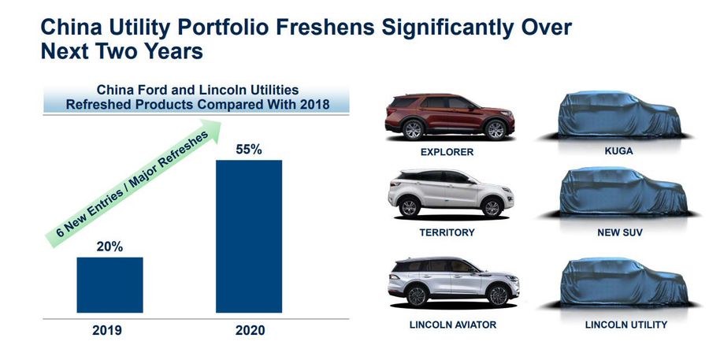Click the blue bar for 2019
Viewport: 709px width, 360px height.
pyautogui.click(x=110, y=285)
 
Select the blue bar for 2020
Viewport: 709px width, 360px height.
pyautogui.click(x=249, y=236)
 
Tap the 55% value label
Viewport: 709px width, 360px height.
pyautogui.click(x=249, y=150)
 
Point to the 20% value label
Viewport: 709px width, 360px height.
pyautogui.click(x=110, y=247)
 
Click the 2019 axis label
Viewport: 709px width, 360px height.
pyautogui.click(x=106, y=330)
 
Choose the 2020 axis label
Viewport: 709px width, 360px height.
pyautogui.click(x=250, y=330)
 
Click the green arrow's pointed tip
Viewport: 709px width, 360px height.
pyautogui.click(x=221, y=121)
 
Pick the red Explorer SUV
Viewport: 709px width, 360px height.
pyautogui.click(x=450, y=117)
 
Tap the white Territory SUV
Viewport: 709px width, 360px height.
pyautogui.click(x=451, y=193)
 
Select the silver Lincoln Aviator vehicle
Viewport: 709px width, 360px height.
pyautogui.click(x=453, y=282)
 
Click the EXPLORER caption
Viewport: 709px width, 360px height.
pyautogui.click(x=447, y=152)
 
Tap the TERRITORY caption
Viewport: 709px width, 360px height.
pyautogui.click(x=447, y=232)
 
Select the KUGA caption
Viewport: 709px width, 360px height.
pyautogui.click(x=618, y=151)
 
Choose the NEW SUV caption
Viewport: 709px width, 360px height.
pyautogui.click(x=619, y=233)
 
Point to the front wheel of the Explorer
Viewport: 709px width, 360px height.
pyautogui.click(x=496, y=130)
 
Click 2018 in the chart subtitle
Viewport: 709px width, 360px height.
pyautogui.click(x=314, y=105)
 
